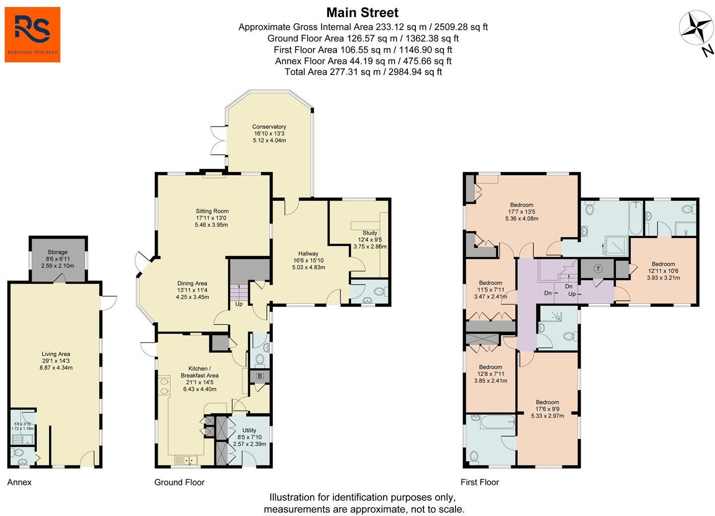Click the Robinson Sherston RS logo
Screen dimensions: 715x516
[32, 35]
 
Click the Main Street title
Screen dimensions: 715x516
[362, 13]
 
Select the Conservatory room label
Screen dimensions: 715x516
[269, 126]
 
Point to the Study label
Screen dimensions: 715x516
[370, 233]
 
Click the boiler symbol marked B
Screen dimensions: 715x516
[260, 376]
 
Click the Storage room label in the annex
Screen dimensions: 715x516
[58, 252]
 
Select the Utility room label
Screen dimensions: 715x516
[249, 430]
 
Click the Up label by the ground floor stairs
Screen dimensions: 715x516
[239, 304]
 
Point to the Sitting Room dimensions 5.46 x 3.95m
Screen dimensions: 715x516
[211, 225]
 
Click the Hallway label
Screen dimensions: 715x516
[308, 253]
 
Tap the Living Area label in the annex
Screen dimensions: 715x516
[56, 354]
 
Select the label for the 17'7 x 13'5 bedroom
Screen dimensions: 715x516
[521, 205]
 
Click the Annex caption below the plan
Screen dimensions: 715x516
[19, 482]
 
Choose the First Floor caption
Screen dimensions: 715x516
[480, 482]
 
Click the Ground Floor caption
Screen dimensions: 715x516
[180, 482]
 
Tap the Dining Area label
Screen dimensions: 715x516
[192, 283]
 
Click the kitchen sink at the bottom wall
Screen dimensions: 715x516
[186, 460]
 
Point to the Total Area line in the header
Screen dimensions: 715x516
[363, 72]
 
